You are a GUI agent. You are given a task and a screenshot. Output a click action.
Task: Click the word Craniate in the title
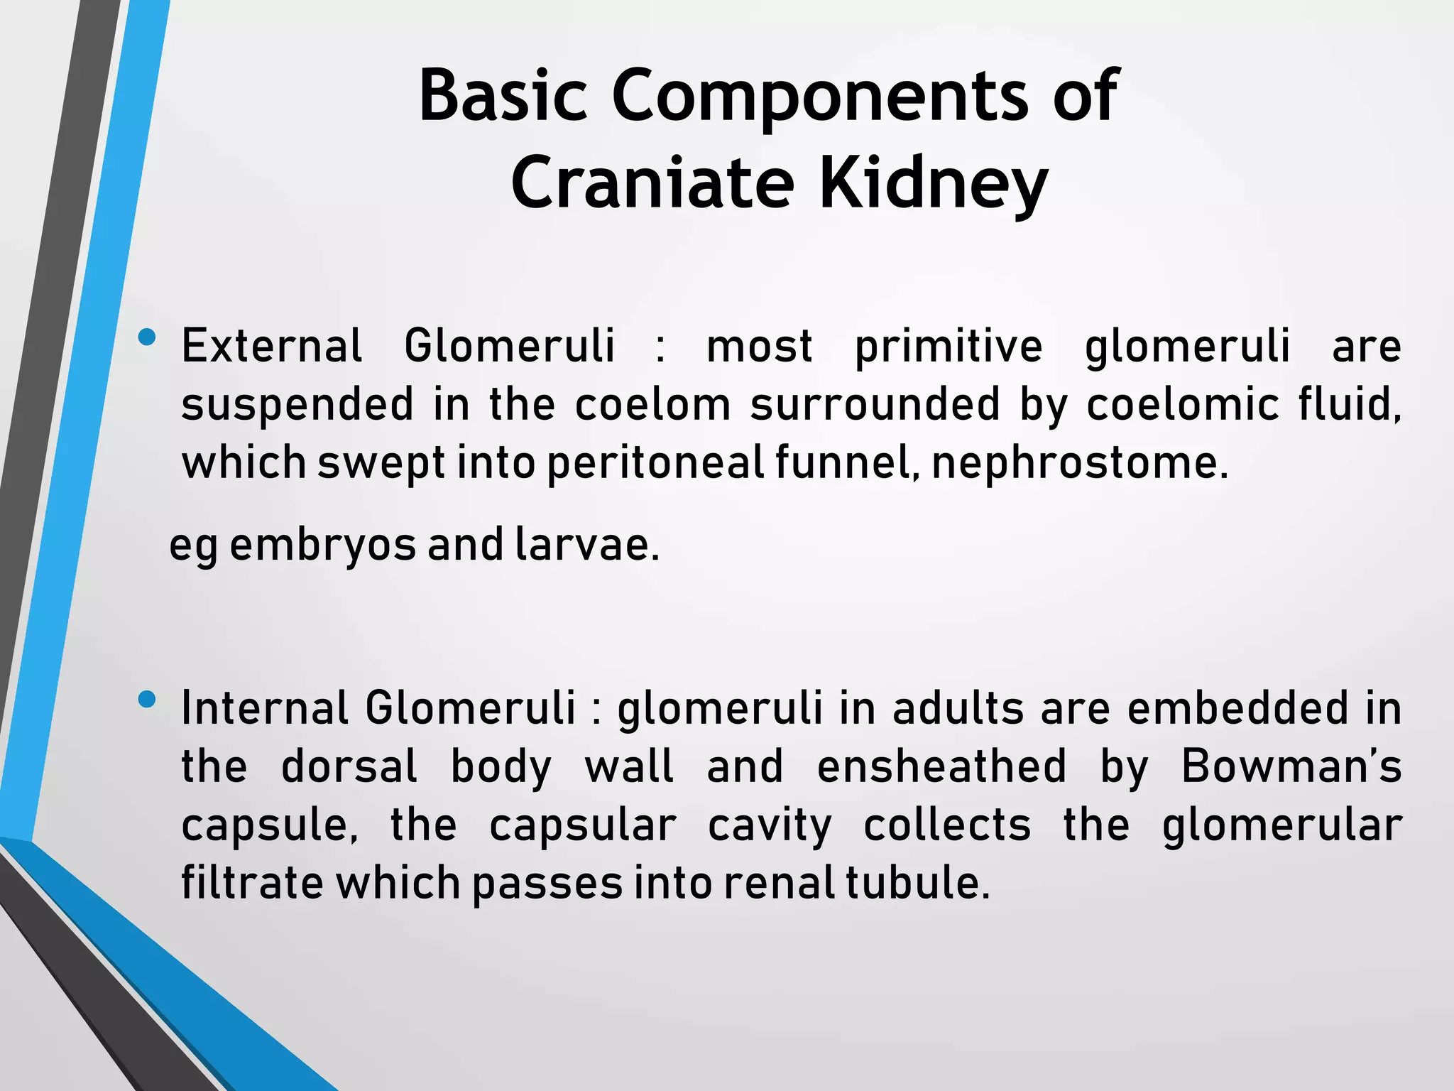pyautogui.click(x=651, y=183)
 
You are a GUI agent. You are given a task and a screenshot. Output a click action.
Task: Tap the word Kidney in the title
pyautogui.click(x=933, y=183)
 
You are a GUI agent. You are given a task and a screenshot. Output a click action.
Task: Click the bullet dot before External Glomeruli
pyautogui.click(x=148, y=337)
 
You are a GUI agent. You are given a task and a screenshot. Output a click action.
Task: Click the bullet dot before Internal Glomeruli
pyautogui.click(x=148, y=700)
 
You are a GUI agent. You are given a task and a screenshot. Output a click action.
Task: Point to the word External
pyautogui.click(x=272, y=347)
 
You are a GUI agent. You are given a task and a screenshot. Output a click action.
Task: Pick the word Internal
pyautogui.click(x=264, y=709)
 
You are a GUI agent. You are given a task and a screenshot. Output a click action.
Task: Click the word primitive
pyautogui.click(x=949, y=347)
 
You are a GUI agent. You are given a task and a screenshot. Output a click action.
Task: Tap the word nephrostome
pyautogui.click(x=1078, y=463)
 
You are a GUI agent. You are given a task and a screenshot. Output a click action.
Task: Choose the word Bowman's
pyautogui.click(x=1291, y=767)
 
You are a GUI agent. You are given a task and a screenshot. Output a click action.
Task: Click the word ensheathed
pyautogui.click(x=941, y=767)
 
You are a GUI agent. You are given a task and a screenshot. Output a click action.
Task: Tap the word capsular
pyautogui.click(x=583, y=825)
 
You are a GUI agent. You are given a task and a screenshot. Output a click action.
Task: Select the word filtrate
pyautogui.click(x=252, y=883)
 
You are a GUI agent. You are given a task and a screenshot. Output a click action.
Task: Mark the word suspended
pyautogui.click(x=297, y=405)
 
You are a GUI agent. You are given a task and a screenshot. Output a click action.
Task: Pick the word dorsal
pyautogui.click(x=349, y=767)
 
